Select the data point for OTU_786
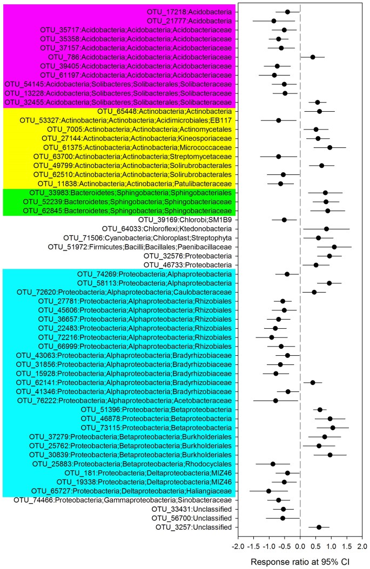click(313, 57)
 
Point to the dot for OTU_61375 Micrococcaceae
click(329, 147)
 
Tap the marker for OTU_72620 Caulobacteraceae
click(314, 292)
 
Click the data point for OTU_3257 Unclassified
click(319, 527)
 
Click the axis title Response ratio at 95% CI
click(300, 562)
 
